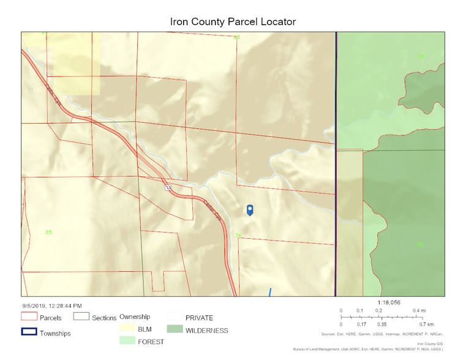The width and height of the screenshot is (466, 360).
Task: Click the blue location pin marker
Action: point(250,209)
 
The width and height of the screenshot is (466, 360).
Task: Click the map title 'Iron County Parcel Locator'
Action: point(233,21)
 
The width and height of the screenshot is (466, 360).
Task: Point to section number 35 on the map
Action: point(48,231)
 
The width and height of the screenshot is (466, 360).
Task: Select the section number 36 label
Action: point(238,234)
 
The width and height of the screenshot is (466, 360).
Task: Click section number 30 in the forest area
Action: point(420,56)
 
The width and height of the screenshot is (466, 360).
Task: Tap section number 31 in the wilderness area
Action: point(420,244)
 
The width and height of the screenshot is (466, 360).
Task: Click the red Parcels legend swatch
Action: point(29,317)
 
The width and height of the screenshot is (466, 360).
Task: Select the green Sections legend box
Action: point(81,317)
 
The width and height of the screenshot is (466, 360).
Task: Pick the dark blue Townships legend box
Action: point(29,333)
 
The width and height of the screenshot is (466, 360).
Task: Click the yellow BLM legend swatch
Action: point(128,329)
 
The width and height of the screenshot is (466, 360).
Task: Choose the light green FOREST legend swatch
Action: point(128,340)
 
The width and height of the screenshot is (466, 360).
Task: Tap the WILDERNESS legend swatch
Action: point(175,331)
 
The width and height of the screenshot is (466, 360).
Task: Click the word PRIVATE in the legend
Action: point(199,318)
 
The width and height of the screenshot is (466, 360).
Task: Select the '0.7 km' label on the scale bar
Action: point(426,324)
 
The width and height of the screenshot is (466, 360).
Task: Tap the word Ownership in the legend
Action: point(135,317)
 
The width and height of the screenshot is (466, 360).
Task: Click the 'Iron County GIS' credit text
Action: point(430,344)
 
